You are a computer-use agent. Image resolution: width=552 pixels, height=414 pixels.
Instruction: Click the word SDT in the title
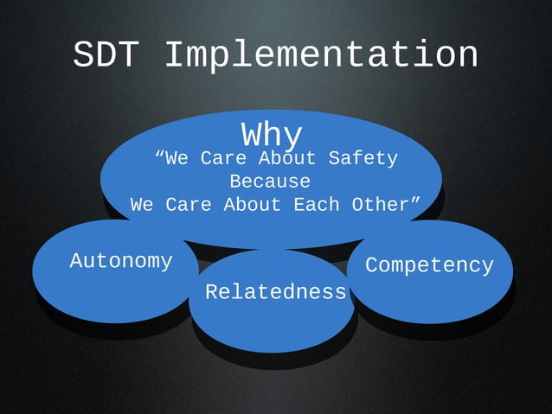pyautogui.click(x=108, y=55)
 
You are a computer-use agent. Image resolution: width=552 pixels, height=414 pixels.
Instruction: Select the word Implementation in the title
pyautogui.click(x=320, y=57)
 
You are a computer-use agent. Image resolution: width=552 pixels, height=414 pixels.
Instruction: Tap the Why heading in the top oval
pyautogui.click(x=272, y=135)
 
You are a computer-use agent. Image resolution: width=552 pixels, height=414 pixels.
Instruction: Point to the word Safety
pyautogui.click(x=363, y=159)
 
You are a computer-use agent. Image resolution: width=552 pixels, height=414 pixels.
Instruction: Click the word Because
pyautogui.click(x=270, y=182)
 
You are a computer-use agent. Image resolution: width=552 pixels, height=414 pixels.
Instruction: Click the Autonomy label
pyautogui.click(x=121, y=260)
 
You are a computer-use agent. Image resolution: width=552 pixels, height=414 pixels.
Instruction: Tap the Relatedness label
pyautogui.click(x=275, y=293)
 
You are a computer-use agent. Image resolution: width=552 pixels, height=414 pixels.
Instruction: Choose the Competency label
pyautogui.click(x=429, y=265)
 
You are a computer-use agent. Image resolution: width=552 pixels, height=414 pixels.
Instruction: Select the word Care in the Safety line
pyautogui.click(x=223, y=159)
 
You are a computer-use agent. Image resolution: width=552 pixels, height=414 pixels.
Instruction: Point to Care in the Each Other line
pyautogui.click(x=189, y=206)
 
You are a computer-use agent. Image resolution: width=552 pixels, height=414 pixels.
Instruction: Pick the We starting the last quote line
pyautogui.click(x=142, y=206)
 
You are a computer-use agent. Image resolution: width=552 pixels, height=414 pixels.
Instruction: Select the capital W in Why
pyautogui.click(x=251, y=135)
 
